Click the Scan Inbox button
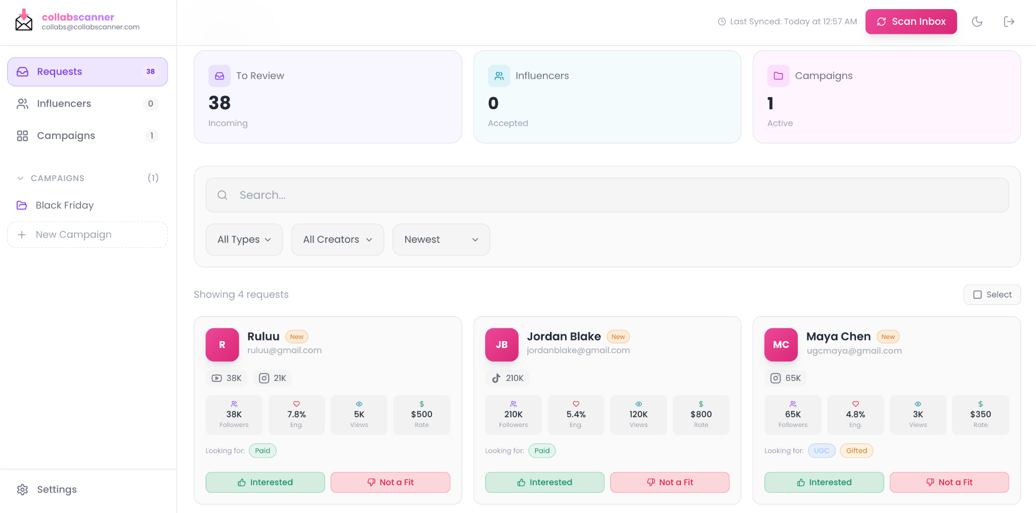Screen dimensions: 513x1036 pyautogui.click(x=911, y=22)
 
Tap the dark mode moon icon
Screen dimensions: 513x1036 pyautogui.click(x=977, y=22)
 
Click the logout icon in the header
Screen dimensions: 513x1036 pyautogui.click(x=1009, y=22)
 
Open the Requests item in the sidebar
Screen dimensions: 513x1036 pyautogui.click(x=87, y=72)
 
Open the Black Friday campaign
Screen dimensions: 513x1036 pyautogui.click(x=64, y=205)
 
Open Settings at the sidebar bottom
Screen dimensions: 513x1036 pyautogui.click(x=56, y=489)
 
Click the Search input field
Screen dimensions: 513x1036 pyautogui.click(x=607, y=195)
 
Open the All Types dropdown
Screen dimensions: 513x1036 pyautogui.click(x=244, y=240)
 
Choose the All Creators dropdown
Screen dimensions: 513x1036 pyautogui.click(x=337, y=240)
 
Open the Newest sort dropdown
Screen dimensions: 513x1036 pyautogui.click(x=441, y=240)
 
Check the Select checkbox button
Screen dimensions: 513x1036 pyautogui.click(x=991, y=295)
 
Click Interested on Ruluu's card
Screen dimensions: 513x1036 pyautogui.click(x=265, y=482)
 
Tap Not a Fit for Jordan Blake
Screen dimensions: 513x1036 pyautogui.click(x=669, y=482)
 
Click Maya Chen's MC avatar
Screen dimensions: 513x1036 pyautogui.click(x=781, y=345)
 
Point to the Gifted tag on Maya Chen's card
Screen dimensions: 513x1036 pyautogui.click(x=856, y=451)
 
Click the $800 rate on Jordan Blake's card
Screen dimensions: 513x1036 pyautogui.click(x=701, y=414)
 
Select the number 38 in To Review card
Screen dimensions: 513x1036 pyautogui.click(x=220, y=103)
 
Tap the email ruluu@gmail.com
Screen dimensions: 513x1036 pyautogui.click(x=284, y=350)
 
